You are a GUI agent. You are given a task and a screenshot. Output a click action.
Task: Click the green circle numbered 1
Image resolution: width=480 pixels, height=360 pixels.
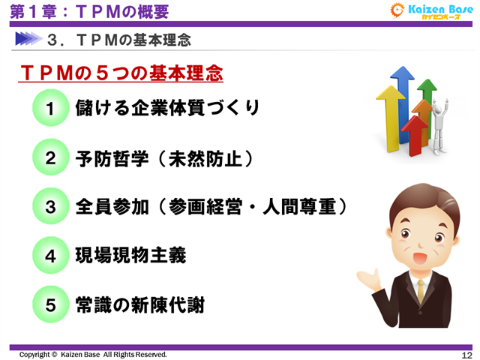[x=51, y=109]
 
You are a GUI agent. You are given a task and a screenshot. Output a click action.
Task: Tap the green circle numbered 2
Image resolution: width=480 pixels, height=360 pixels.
[x=51, y=158]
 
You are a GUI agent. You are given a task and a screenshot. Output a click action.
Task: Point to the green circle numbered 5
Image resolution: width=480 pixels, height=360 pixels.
[x=51, y=305]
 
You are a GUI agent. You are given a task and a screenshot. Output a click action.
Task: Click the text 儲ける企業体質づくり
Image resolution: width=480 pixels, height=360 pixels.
[x=167, y=108]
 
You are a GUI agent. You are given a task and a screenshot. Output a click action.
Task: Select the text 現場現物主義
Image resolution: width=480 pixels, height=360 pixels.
[x=131, y=256]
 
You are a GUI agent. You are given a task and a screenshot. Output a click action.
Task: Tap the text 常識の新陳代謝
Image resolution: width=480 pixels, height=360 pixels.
[x=140, y=305]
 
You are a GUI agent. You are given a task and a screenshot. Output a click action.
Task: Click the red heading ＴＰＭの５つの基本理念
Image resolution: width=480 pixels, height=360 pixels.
[x=121, y=74]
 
